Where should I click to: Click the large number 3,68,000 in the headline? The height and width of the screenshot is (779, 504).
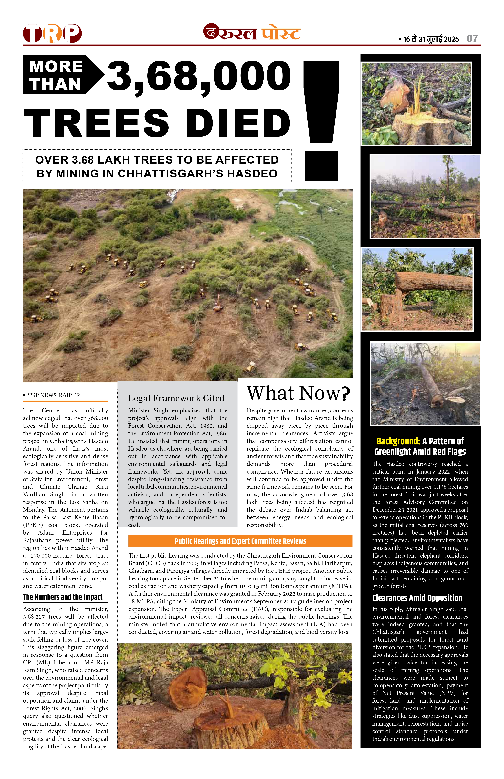[x=199, y=76]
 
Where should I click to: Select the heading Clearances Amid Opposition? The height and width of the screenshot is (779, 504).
[x=417, y=598]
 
